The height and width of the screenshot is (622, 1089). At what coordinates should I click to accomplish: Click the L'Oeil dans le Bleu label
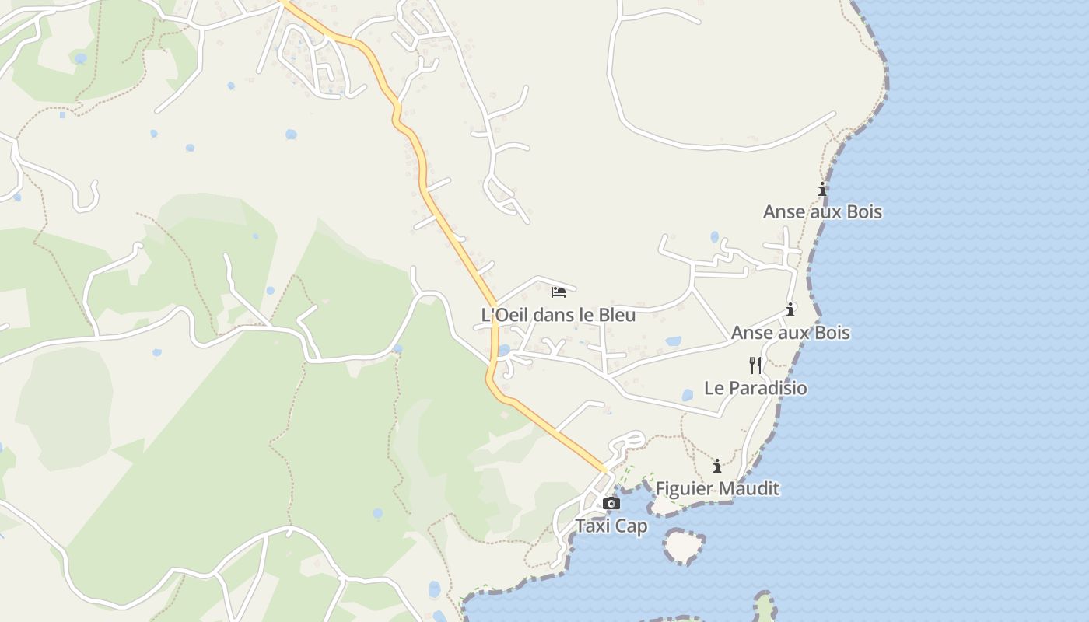tap(559, 315)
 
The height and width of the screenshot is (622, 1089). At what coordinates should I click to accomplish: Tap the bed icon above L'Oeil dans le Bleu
tap(559, 292)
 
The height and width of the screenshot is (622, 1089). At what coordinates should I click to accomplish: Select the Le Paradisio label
tap(755, 387)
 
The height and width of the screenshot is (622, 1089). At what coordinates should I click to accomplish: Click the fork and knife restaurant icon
tap(755, 365)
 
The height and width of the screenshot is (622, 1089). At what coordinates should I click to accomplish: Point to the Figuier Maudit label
tap(717, 488)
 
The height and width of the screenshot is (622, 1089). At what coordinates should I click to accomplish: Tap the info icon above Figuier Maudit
tap(717, 466)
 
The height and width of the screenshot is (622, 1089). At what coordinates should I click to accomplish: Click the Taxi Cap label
tap(611, 526)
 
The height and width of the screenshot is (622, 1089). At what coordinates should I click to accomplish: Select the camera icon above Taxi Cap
tap(611, 503)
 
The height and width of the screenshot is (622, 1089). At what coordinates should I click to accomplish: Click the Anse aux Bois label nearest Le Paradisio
tap(790, 333)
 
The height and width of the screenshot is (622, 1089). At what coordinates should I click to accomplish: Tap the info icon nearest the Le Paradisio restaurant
tap(790, 309)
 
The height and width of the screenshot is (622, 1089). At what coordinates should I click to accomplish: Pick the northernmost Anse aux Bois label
tap(822, 211)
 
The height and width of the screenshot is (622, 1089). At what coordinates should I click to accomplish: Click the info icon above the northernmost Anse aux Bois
tap(822, 189)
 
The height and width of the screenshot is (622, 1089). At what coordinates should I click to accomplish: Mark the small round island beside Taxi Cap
tap(684, 546)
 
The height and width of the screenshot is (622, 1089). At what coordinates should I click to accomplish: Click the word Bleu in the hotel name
tap(616, 315)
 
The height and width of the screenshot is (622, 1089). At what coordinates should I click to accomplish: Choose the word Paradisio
tap(768, 387)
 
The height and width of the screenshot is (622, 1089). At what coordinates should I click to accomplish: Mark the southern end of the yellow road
tap(603, 469)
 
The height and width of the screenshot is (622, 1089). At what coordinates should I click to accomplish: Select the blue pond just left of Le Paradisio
tap(687, 396)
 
